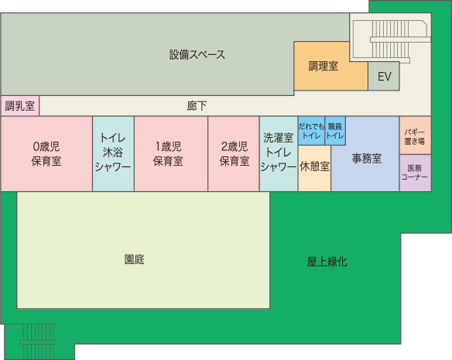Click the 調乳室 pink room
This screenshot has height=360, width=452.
pos(20,106)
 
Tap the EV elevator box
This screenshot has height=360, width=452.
pos(384,76)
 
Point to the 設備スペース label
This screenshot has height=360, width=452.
pos(197,54)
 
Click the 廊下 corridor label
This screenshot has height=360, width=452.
pos(197,106)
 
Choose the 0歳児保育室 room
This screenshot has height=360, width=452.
pos(46,154)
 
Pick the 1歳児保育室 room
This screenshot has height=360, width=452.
pos(171,154)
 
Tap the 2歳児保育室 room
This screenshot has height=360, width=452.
pos(234,154)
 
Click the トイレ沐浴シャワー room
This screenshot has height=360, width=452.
pos(113,154)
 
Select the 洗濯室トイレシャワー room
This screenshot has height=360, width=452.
pos(279,154)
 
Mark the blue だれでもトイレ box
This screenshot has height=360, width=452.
pos(311,131)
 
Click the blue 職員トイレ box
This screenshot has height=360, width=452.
pos(335,131)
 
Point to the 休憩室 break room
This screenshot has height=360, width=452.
pos(314,168)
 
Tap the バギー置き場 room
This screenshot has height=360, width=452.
pos(416,135)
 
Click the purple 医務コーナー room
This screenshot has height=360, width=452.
pos(416,173)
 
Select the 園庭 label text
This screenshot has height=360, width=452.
pos(135,259)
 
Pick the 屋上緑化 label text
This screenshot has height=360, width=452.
pos(327,262)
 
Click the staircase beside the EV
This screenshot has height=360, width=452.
pos(391,39)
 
